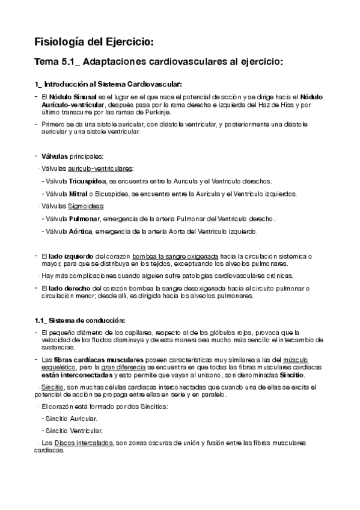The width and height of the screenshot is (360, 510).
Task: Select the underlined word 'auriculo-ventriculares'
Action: pyautogui.click(x=100, y=168)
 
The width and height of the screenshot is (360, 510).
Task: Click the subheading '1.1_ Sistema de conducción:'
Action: pyautogui.click(x=79, y=319)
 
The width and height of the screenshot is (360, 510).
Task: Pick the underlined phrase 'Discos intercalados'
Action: pyautogui.click(x=84, y=443)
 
